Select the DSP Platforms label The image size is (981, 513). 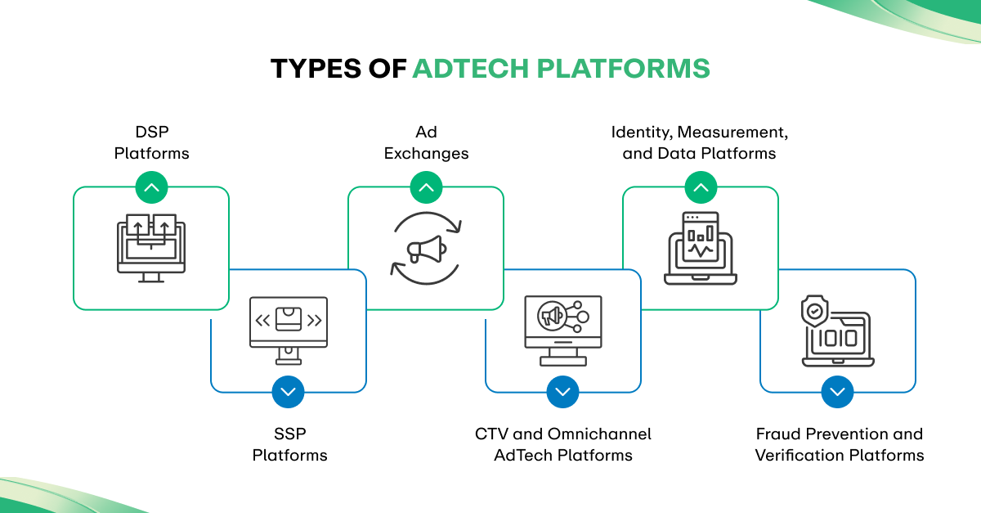pos(151,142)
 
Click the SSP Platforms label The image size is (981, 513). pos(289,444)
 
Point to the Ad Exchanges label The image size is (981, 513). pos(426,142)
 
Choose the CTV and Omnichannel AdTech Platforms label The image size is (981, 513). pos(563,444)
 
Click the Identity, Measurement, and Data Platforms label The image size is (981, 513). pos(700,142)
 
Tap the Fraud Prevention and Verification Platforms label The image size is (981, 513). pos(839,444)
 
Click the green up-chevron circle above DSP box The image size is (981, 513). pos(151,187)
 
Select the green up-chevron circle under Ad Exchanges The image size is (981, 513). pos(426,187)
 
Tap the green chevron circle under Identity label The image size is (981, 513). pos(701,187)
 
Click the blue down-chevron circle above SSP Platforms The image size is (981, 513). pos(289,392)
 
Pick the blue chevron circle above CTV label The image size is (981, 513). pos(562,392)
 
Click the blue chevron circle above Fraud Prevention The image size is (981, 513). pos(837,392)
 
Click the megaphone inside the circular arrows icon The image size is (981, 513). pos(426,249)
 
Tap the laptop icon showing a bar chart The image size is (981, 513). pos(701,248)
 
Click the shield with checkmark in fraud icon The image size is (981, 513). pos(815,312)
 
